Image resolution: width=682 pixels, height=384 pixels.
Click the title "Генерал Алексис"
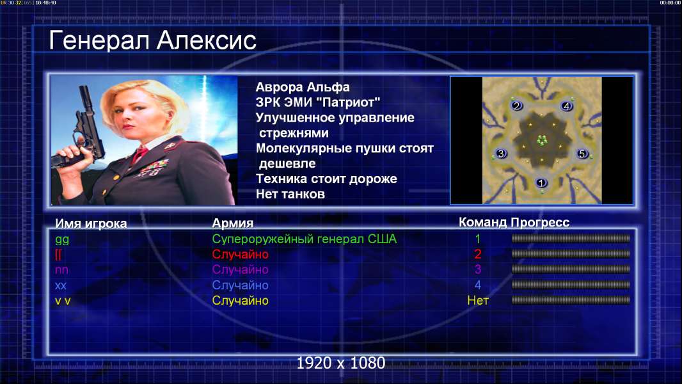pos(152,40)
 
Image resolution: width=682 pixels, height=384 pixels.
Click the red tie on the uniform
pos(139,154)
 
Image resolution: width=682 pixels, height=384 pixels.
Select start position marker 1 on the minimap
pos(541,183)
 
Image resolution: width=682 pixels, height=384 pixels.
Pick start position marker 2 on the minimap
pos(516,106)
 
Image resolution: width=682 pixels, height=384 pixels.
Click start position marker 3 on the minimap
pos(501,154)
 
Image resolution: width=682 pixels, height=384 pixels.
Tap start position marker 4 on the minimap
pos(566,106)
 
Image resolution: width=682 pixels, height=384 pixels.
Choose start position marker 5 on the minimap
pos(582,154)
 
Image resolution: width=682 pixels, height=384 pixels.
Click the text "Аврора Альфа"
pos(302,87)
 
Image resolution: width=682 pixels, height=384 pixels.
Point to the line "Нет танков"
pos(290,194)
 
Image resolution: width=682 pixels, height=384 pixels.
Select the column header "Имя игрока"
pos(91,223)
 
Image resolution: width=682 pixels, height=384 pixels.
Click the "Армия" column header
pos(232,223)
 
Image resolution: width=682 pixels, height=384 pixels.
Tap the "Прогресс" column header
pos(540,222)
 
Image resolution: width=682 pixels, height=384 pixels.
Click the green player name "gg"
pos(62,239)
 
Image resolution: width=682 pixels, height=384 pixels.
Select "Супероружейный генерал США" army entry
pos(304,239)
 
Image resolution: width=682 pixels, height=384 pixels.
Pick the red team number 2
pos(477,254)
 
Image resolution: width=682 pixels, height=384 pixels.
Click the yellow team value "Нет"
pos(477,301)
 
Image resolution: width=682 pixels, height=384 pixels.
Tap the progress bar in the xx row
pos(570,285)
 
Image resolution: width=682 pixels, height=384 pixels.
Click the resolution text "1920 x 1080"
pos(340,363)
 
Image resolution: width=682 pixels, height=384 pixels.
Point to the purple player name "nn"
pos(61,270)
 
